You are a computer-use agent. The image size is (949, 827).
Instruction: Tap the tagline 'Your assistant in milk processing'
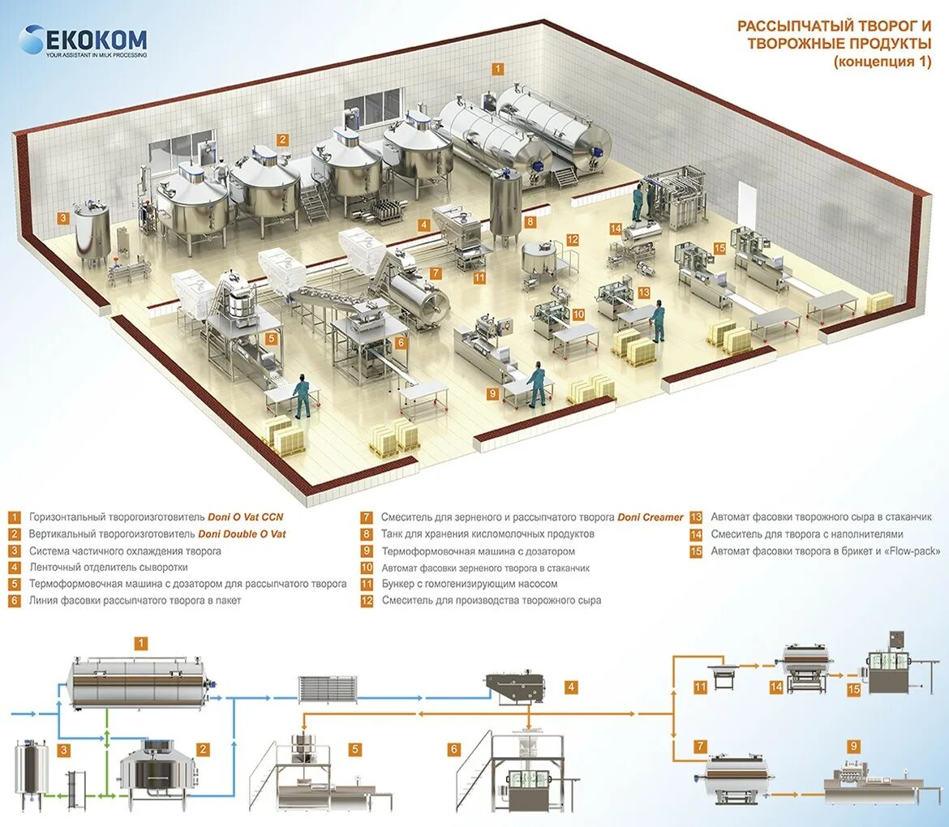point(96,55)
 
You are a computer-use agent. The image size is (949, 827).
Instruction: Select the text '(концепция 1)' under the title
point(882,61)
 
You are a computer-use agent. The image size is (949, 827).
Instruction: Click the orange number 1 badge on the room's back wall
point(498,70)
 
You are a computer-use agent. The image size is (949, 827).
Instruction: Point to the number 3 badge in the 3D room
point(62,216)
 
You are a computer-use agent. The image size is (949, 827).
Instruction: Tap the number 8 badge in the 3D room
point(530,221)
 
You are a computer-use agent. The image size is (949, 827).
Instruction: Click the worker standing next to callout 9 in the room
point(536,385)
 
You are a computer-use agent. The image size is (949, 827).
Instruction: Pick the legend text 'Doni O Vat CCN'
point(245,517)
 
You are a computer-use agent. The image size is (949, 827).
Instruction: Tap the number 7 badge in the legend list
point(367,517)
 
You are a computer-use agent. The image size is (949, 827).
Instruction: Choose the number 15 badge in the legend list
point(696,551)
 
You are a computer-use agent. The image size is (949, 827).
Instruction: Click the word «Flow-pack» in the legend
point(912,551)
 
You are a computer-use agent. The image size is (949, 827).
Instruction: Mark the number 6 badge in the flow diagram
point(454,749)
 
